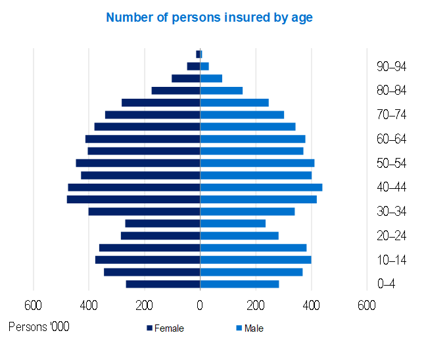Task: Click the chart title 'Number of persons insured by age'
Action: pos(209,18)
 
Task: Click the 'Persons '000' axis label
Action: pos(39,326)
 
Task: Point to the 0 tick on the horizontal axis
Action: pos(200,305)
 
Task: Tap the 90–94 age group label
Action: pos(392,66)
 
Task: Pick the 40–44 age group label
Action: pos(392,188)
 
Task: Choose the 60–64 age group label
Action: pos(392,139)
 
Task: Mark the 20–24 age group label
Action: pos(392,236)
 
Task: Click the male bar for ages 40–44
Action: pos(261,188)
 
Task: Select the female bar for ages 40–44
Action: pos(134,188)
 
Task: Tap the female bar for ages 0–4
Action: pos(163,284)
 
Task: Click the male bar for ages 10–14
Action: pos(256,260)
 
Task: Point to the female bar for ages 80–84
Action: pos(176,91)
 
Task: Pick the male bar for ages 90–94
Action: pos(204,66)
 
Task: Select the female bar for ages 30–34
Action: pos(144,212)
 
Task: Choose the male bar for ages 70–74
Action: pos(242,115)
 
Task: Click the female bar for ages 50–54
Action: pos(138,163)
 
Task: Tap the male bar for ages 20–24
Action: pos(239,236)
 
